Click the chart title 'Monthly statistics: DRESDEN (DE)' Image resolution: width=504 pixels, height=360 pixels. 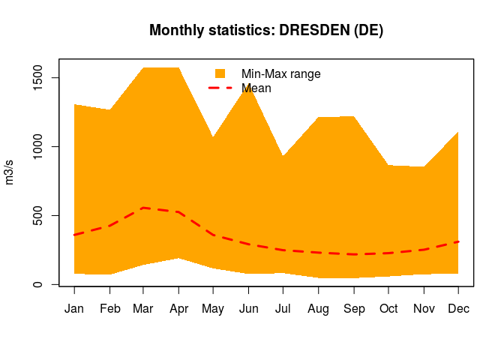266,31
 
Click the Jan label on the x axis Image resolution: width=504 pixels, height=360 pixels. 74,308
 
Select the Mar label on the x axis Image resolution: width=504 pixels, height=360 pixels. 144,308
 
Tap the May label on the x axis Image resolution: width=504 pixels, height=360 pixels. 214,308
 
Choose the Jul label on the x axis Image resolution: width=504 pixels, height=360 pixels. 283,308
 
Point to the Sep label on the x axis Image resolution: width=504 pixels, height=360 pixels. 353,308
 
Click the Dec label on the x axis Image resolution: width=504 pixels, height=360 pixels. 458,308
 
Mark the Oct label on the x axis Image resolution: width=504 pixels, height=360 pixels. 388,308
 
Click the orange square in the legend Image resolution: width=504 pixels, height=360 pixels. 220,73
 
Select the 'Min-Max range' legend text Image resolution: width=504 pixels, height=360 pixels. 280,73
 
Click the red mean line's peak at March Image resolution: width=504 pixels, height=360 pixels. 144,208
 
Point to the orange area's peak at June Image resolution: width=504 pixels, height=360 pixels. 248,84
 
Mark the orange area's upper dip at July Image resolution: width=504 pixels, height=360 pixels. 283,156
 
